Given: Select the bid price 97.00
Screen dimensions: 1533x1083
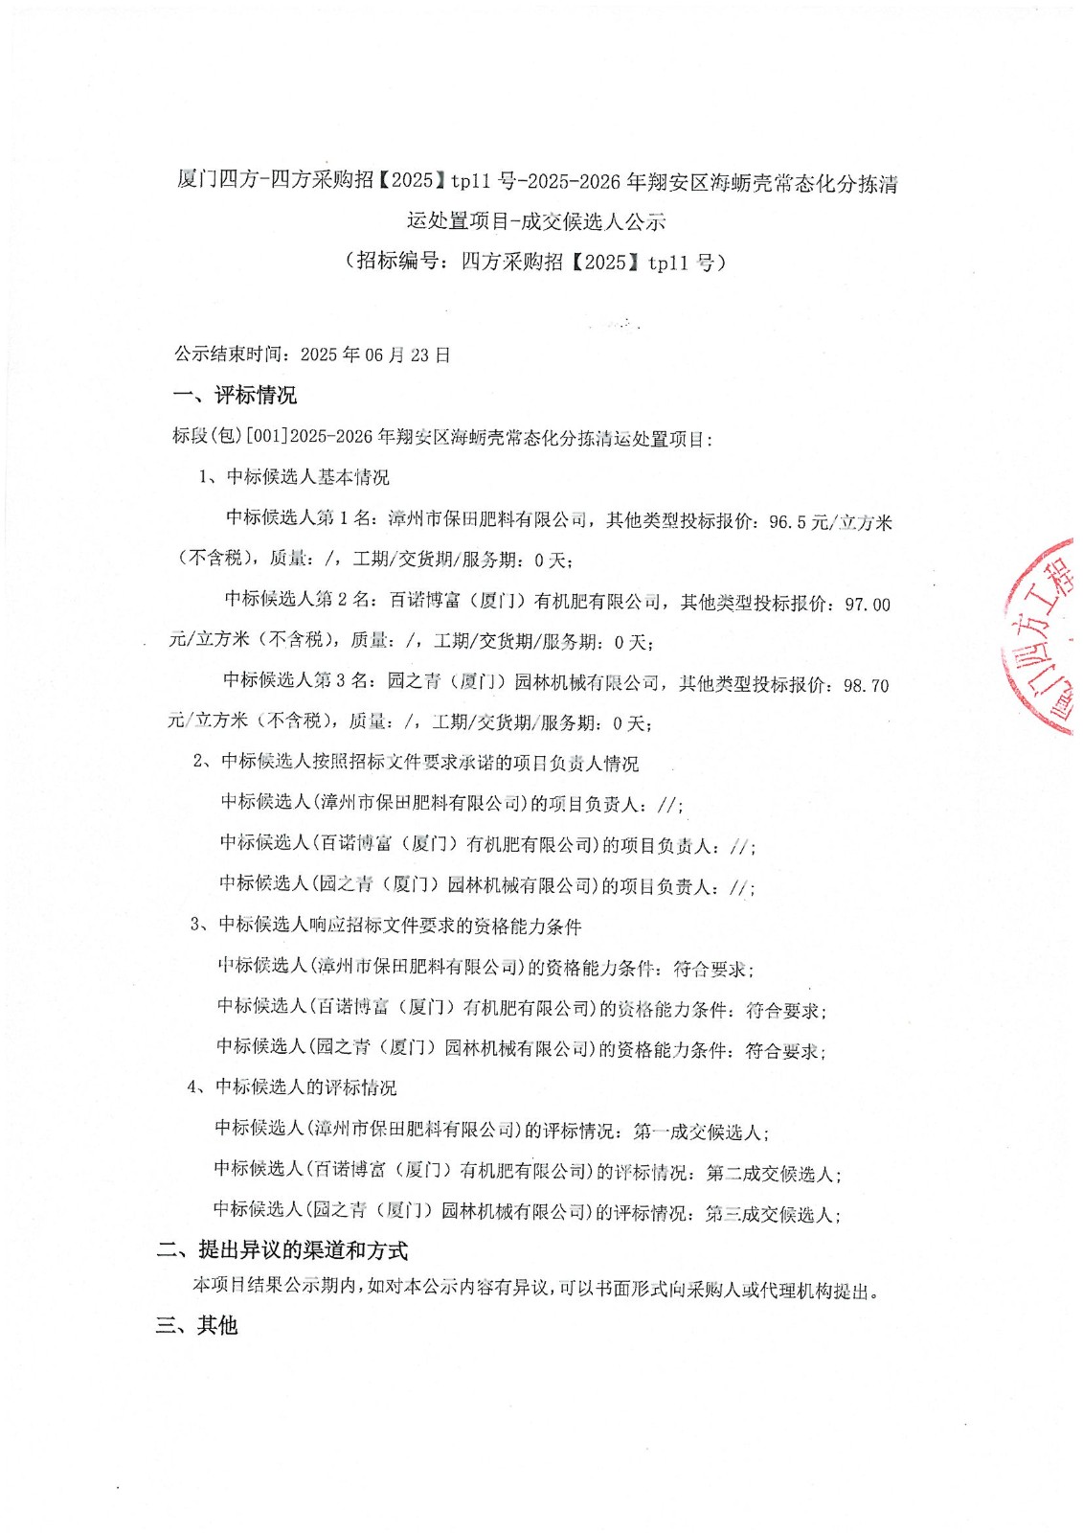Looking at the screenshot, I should [867, 605].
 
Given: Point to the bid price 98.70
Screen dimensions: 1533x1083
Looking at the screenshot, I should [866, 686].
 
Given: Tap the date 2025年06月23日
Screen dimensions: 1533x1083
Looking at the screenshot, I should [375, 355].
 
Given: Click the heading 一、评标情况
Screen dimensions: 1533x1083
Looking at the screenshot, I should [235, 395].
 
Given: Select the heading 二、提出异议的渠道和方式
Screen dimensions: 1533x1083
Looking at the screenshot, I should [282, 1250].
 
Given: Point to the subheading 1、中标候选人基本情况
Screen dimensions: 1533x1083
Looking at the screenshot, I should [294, 477].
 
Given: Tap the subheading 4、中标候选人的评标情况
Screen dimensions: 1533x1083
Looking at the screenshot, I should [292, 1087].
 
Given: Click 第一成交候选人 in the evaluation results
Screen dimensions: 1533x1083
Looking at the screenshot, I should [697, 1132].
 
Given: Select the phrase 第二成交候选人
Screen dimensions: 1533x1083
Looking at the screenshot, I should [771, 1173].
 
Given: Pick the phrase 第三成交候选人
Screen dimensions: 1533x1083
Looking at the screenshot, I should [770, 1214].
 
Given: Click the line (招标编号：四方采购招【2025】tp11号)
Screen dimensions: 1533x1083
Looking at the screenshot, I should [536, 262].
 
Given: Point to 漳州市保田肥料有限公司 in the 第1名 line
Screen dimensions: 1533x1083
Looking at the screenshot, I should [487, 520].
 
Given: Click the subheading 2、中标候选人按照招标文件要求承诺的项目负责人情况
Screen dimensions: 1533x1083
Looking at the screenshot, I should [416, 763].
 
